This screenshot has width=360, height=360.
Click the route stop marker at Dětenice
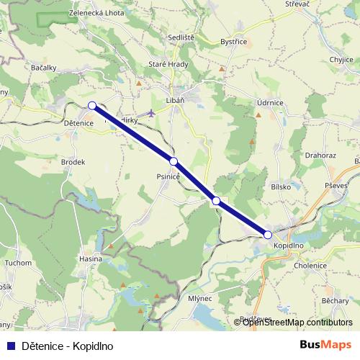pos(91,106)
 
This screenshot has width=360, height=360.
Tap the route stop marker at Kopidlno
pos(268,235)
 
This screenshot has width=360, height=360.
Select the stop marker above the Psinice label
pos(174,161)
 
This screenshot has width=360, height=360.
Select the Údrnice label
pos(269,104)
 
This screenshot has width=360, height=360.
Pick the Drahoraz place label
pos(321,155)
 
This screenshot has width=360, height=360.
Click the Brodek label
pos(73,162)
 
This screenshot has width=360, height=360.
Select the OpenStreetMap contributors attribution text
pos(297,323)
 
